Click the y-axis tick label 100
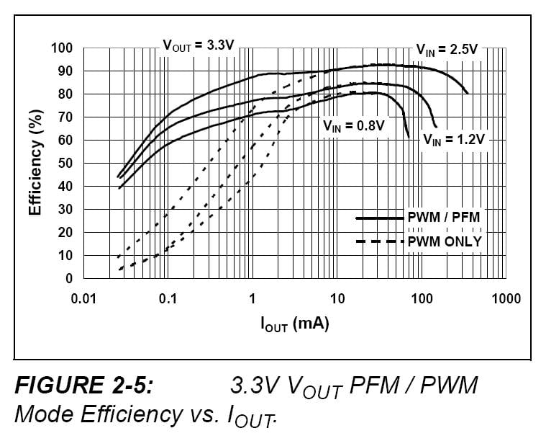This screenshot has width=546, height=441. click(x=63, y=48)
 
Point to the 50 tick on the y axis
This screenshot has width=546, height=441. click(x=65, y=164)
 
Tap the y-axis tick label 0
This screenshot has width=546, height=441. click(x=69, y=279)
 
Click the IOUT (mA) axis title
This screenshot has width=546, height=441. click(x=294, y=324)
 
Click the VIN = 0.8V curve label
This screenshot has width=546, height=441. click(x=353, y=125)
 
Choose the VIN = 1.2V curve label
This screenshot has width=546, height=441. click(x=454, y=139)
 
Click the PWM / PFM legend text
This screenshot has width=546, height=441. click(x=444, y=216)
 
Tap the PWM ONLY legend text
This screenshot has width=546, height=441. click(x=445, y=241)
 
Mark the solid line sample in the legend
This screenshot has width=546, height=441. click(x=380, y=216)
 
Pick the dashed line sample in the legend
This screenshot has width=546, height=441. click(x=380, y=241)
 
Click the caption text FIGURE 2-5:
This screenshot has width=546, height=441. click(x=84, y=386)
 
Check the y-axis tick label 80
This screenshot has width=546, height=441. click(x=65, y=94)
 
